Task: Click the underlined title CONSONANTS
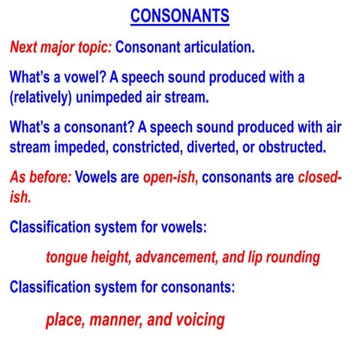point(179,16)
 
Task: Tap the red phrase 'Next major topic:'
point(61,47)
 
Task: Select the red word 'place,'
point(65,319)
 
